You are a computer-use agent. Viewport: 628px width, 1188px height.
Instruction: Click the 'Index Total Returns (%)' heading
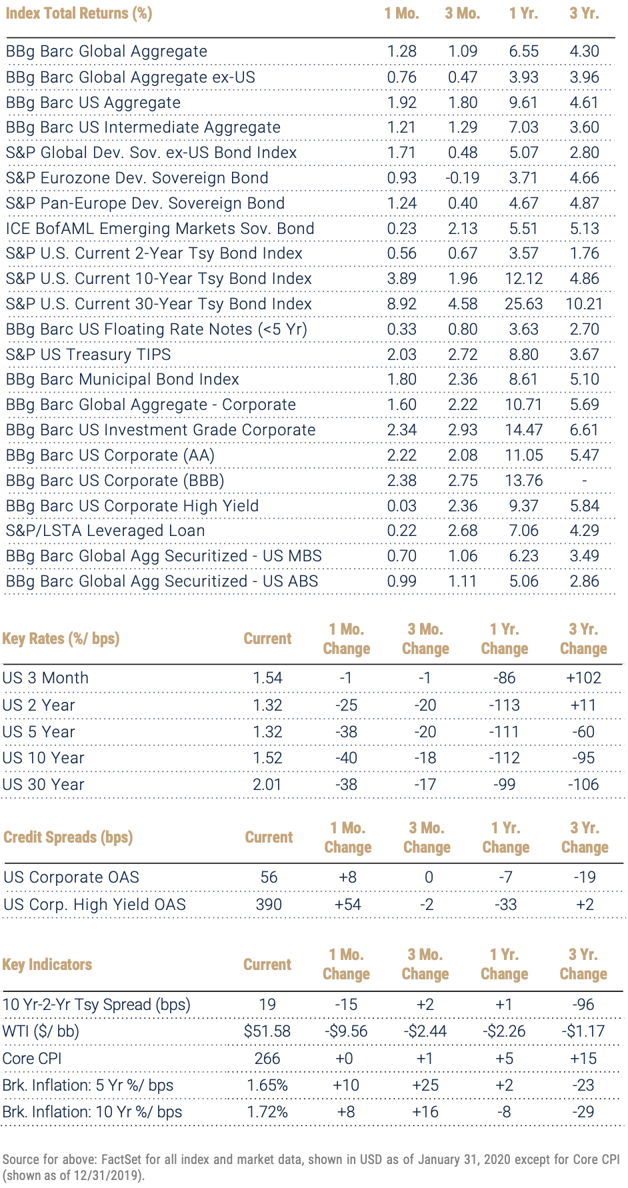pos(79,13)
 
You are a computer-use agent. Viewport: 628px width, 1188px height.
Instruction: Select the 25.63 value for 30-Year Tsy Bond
pos(524,304)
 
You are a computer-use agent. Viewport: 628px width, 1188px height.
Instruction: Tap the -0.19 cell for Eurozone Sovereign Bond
pos(463,178)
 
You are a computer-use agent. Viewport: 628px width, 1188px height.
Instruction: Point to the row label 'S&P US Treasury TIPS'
pos(89,355)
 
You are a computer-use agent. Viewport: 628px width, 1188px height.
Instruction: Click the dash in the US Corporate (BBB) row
pos(585,481)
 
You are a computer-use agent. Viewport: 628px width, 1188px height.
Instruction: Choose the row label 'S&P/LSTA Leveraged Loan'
pos(105,531)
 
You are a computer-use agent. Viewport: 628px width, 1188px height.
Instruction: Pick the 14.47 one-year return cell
pos(524,430)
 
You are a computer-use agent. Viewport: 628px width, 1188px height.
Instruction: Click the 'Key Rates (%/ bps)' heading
pos(61,639)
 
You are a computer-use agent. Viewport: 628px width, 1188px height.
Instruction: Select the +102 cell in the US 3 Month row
pos(584,678)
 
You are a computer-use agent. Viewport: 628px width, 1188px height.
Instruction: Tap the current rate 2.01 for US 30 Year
pos(267,785)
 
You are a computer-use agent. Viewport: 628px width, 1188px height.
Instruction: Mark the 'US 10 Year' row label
pos(43,758)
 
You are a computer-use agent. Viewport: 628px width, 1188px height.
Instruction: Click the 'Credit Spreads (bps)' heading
pos(68,837)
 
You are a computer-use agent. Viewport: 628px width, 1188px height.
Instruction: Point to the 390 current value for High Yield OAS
pos(269,905)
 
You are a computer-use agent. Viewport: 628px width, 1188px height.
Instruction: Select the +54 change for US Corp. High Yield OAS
pos(347,905)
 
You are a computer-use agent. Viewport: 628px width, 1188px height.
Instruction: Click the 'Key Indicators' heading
pos(47,965)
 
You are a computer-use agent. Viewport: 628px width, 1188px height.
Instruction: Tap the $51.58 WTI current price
pos(267,1031)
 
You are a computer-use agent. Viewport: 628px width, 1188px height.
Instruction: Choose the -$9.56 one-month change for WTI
pos(346,1031)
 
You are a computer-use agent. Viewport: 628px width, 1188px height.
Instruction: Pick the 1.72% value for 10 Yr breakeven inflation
pos(267,1112)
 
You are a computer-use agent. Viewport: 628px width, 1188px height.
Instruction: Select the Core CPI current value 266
pos(267,1059)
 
